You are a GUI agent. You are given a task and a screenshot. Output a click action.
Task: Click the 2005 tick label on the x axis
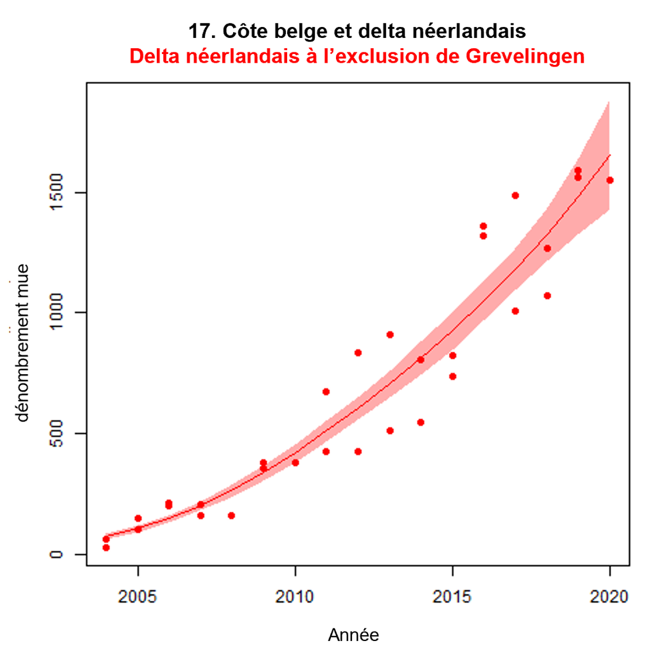pos(137,597)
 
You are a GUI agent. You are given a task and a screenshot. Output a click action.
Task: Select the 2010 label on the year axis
pos(295,597)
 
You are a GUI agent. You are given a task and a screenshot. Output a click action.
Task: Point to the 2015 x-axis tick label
pos(452,597)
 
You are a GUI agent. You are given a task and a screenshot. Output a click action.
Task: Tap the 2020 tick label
pos(609,597)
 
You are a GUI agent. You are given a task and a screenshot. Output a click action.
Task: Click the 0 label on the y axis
pos(56,554)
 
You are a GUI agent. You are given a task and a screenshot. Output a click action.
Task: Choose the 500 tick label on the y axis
pos(56,433)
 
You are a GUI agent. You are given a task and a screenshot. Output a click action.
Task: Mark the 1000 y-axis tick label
pos(56,312)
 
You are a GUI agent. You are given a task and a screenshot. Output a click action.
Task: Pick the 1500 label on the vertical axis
pos(56,193)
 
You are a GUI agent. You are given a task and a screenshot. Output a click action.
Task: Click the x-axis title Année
pos(353,635)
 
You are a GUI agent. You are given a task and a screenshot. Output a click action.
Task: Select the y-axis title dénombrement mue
pos(22,343)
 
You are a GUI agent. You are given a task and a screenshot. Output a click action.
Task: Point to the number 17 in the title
pos(199,31)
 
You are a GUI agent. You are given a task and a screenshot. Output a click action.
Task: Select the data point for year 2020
pos(610,181)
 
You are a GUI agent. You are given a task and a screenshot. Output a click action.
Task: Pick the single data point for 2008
pos(231,516)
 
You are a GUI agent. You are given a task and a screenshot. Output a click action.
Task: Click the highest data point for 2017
pos(515,195)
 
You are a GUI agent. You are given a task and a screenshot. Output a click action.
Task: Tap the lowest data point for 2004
pos(106,548)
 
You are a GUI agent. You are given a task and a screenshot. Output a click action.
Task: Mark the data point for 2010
pos(295,463)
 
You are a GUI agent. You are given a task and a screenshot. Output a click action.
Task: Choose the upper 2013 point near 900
pos(390,335)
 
